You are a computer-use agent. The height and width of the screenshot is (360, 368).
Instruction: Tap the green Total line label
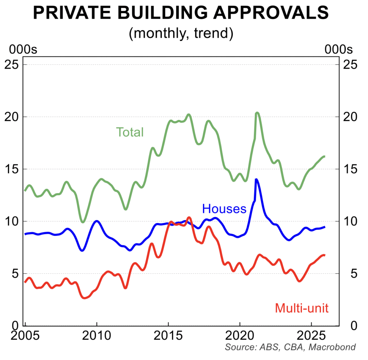(129, 132)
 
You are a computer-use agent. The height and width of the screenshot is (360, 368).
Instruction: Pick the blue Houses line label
(224, 209)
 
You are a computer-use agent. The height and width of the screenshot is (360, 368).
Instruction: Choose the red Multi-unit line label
(302, 308)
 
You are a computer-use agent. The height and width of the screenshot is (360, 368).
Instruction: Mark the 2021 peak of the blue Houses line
(256, 179)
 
